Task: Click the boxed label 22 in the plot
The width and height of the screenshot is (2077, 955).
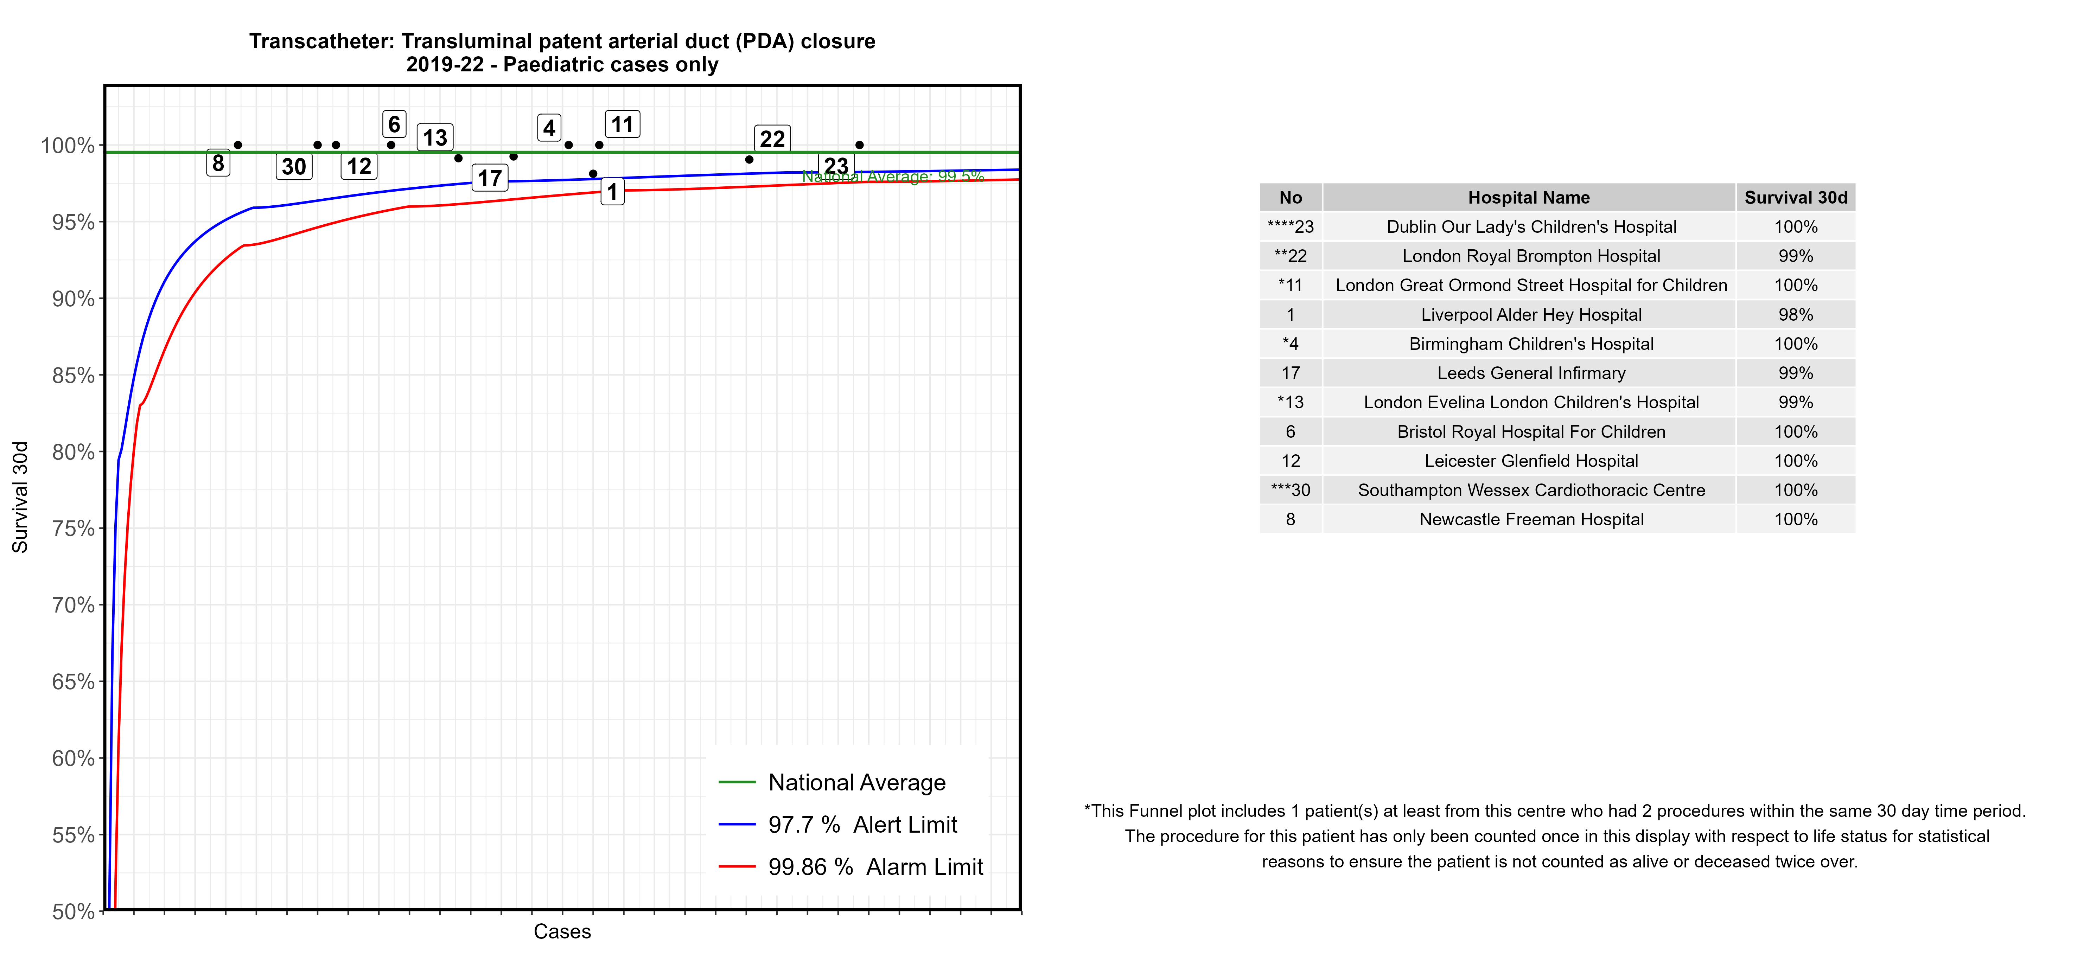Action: pyautogui.click(x=772, y=139)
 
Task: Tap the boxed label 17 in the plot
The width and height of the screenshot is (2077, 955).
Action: pyautogui.click(x=489, y=178)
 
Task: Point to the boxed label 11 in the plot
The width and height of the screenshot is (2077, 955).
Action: pyautogui.click(x=622, y=124)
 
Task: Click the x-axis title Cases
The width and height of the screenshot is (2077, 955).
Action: pyautogui.click(x=562, y=932)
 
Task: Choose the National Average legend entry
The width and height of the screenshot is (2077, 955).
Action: pyautogui.click(x=856, y=783)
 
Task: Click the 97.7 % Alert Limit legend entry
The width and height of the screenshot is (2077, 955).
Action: pyautogui.click(x=862, y=825)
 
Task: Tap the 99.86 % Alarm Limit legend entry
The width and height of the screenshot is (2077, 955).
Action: pyautogui.click(x=875, y=867)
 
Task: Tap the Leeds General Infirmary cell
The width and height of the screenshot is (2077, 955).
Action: pyautogui.click(x=1530, y=373)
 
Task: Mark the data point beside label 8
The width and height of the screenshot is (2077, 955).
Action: pyautogui.click(x=238, y=145)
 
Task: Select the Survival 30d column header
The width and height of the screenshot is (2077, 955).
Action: pyautogui.click(x=1795, y=198)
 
